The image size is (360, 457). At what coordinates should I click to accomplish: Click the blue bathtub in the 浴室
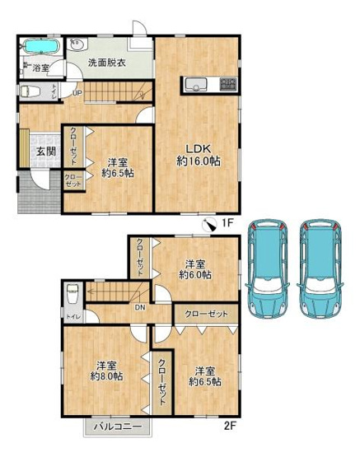39,45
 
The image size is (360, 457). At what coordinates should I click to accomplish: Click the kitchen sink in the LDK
197,82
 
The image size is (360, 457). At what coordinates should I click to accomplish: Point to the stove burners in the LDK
227,82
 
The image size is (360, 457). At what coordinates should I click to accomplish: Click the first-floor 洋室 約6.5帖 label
119,166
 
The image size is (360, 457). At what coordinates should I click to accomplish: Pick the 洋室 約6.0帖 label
194,269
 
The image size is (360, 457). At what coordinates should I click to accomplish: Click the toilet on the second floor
72,291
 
